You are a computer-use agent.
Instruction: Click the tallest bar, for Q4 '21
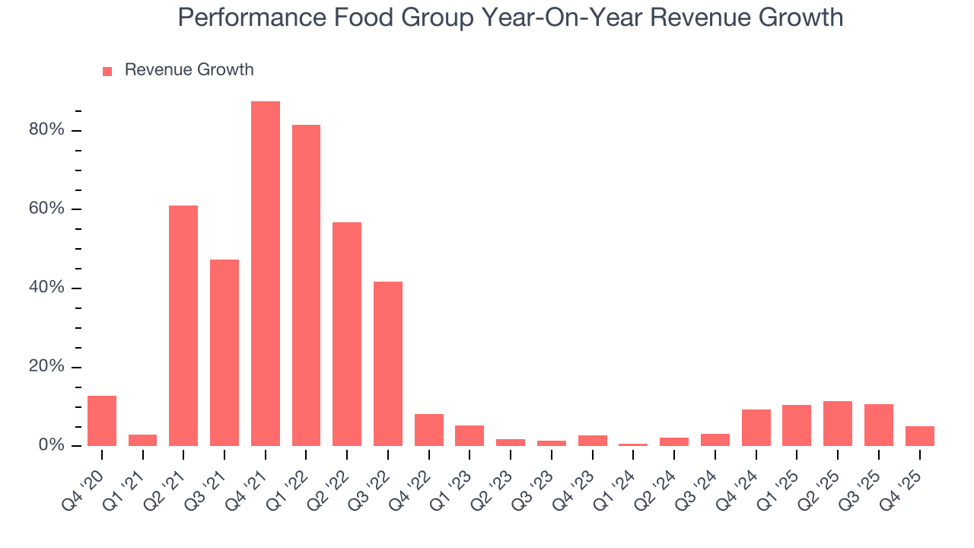(x=266, y=273)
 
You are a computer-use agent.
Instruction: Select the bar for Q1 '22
(x=306, y=285)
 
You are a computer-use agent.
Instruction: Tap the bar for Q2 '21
(x=183, y=326)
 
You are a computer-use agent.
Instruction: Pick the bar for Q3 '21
(x=224, y=352)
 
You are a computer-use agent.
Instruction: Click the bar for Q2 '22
(x=347, y=334)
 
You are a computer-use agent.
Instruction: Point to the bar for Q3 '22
(x=388, y=364)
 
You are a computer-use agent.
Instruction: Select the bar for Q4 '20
(x=102, y=421)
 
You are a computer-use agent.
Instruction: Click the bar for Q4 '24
(x=756, y=428)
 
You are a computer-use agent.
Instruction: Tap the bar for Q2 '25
(x=838, y=423)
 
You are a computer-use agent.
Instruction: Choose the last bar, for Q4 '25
(x=919, y=436)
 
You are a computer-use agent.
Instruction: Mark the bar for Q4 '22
(x=429, y=430)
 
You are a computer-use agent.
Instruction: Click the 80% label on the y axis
(x=46, y=130)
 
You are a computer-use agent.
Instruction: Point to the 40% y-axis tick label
(x=46, y=288)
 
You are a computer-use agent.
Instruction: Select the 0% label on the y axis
(x=51, y=445)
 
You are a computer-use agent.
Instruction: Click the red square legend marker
(x=107, y=71)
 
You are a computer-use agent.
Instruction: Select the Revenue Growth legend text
(x=189, y=70)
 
